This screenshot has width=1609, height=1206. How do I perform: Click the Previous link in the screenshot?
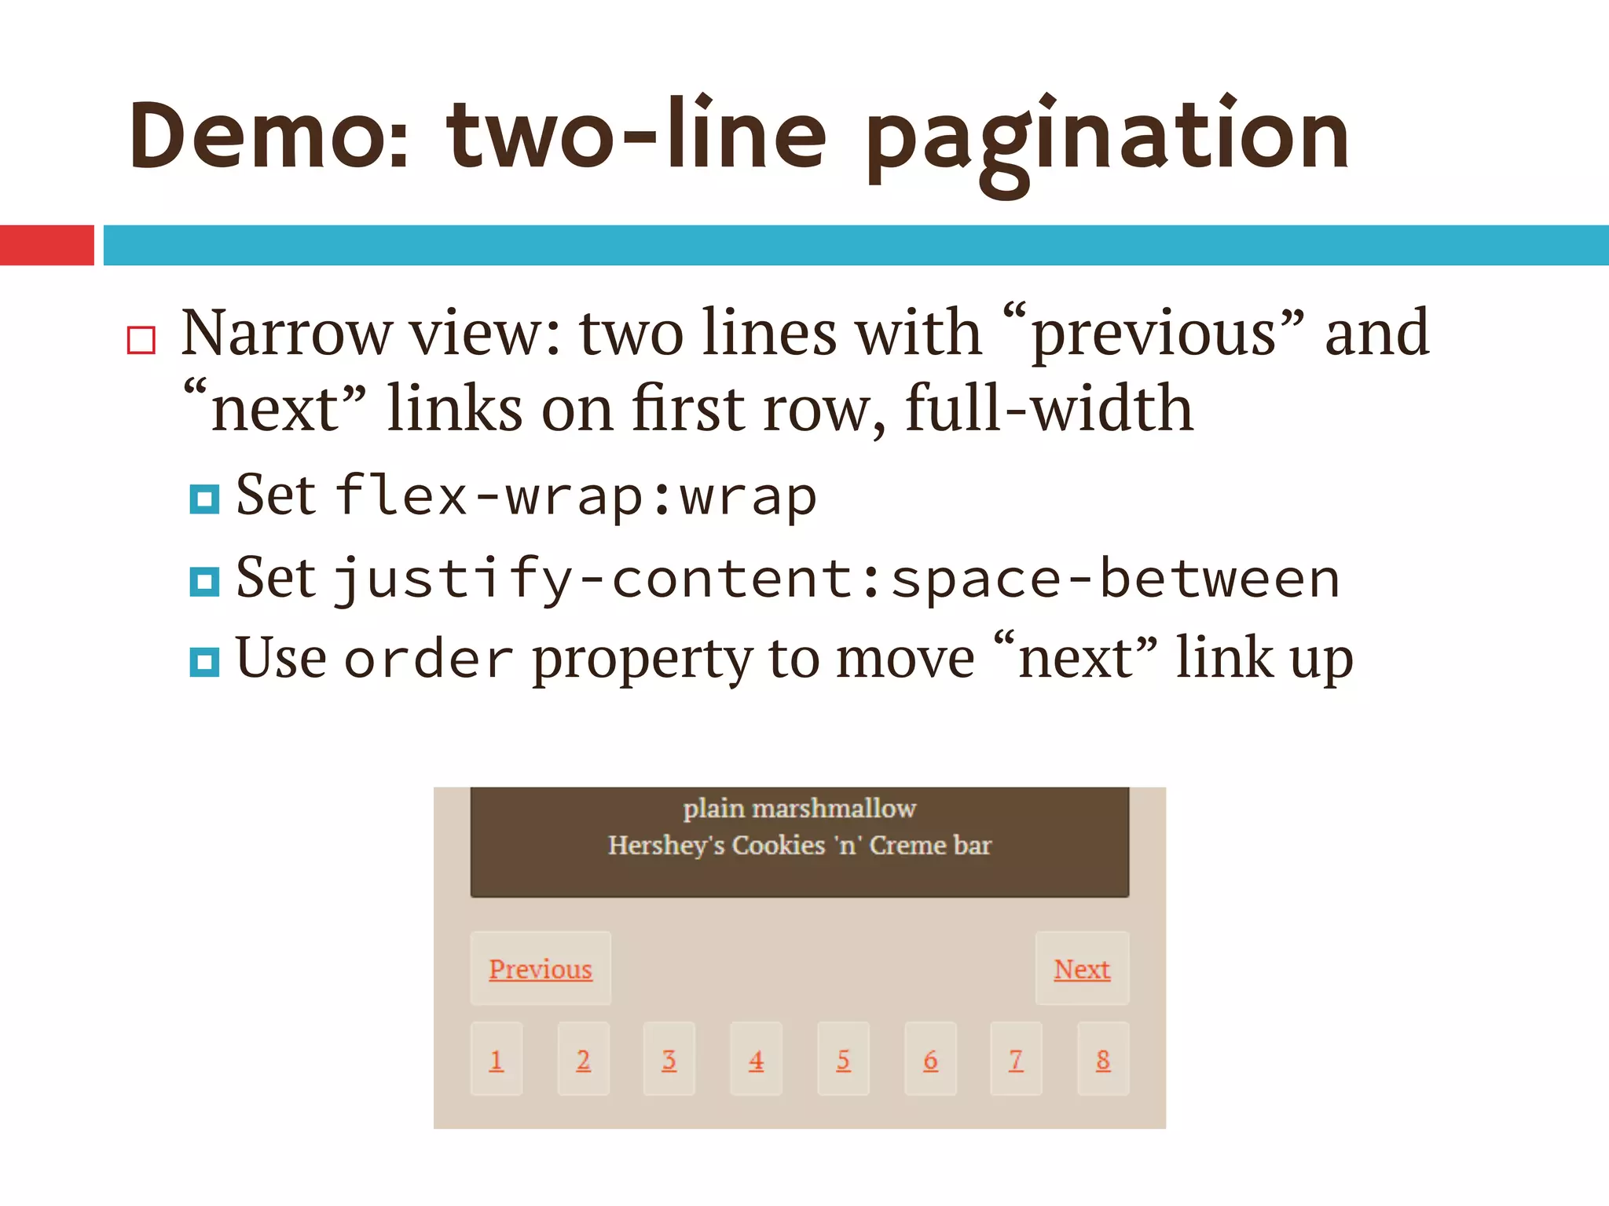[541, 969]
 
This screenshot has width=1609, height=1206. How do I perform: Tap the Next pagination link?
[1082, 969]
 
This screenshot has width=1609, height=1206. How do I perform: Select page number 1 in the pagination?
[497, 1059]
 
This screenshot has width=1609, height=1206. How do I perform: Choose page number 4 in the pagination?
[756, 1059]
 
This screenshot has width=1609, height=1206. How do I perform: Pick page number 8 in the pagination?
[1103, 1059]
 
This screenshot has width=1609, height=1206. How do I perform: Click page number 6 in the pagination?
[930, 1059]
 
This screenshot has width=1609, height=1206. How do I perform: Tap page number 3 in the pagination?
[669, 1059]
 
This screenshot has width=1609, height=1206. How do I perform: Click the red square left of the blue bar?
[46, 245]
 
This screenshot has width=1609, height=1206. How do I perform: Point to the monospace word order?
[429, 660]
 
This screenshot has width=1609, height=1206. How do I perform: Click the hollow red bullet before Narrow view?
[141, 341]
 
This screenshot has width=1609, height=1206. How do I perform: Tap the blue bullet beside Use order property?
[204, 661]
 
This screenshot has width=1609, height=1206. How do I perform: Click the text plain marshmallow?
[799, 808]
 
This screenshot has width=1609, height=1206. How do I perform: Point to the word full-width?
[1049, 409]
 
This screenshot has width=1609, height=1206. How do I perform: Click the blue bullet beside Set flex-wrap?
[204, 499]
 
